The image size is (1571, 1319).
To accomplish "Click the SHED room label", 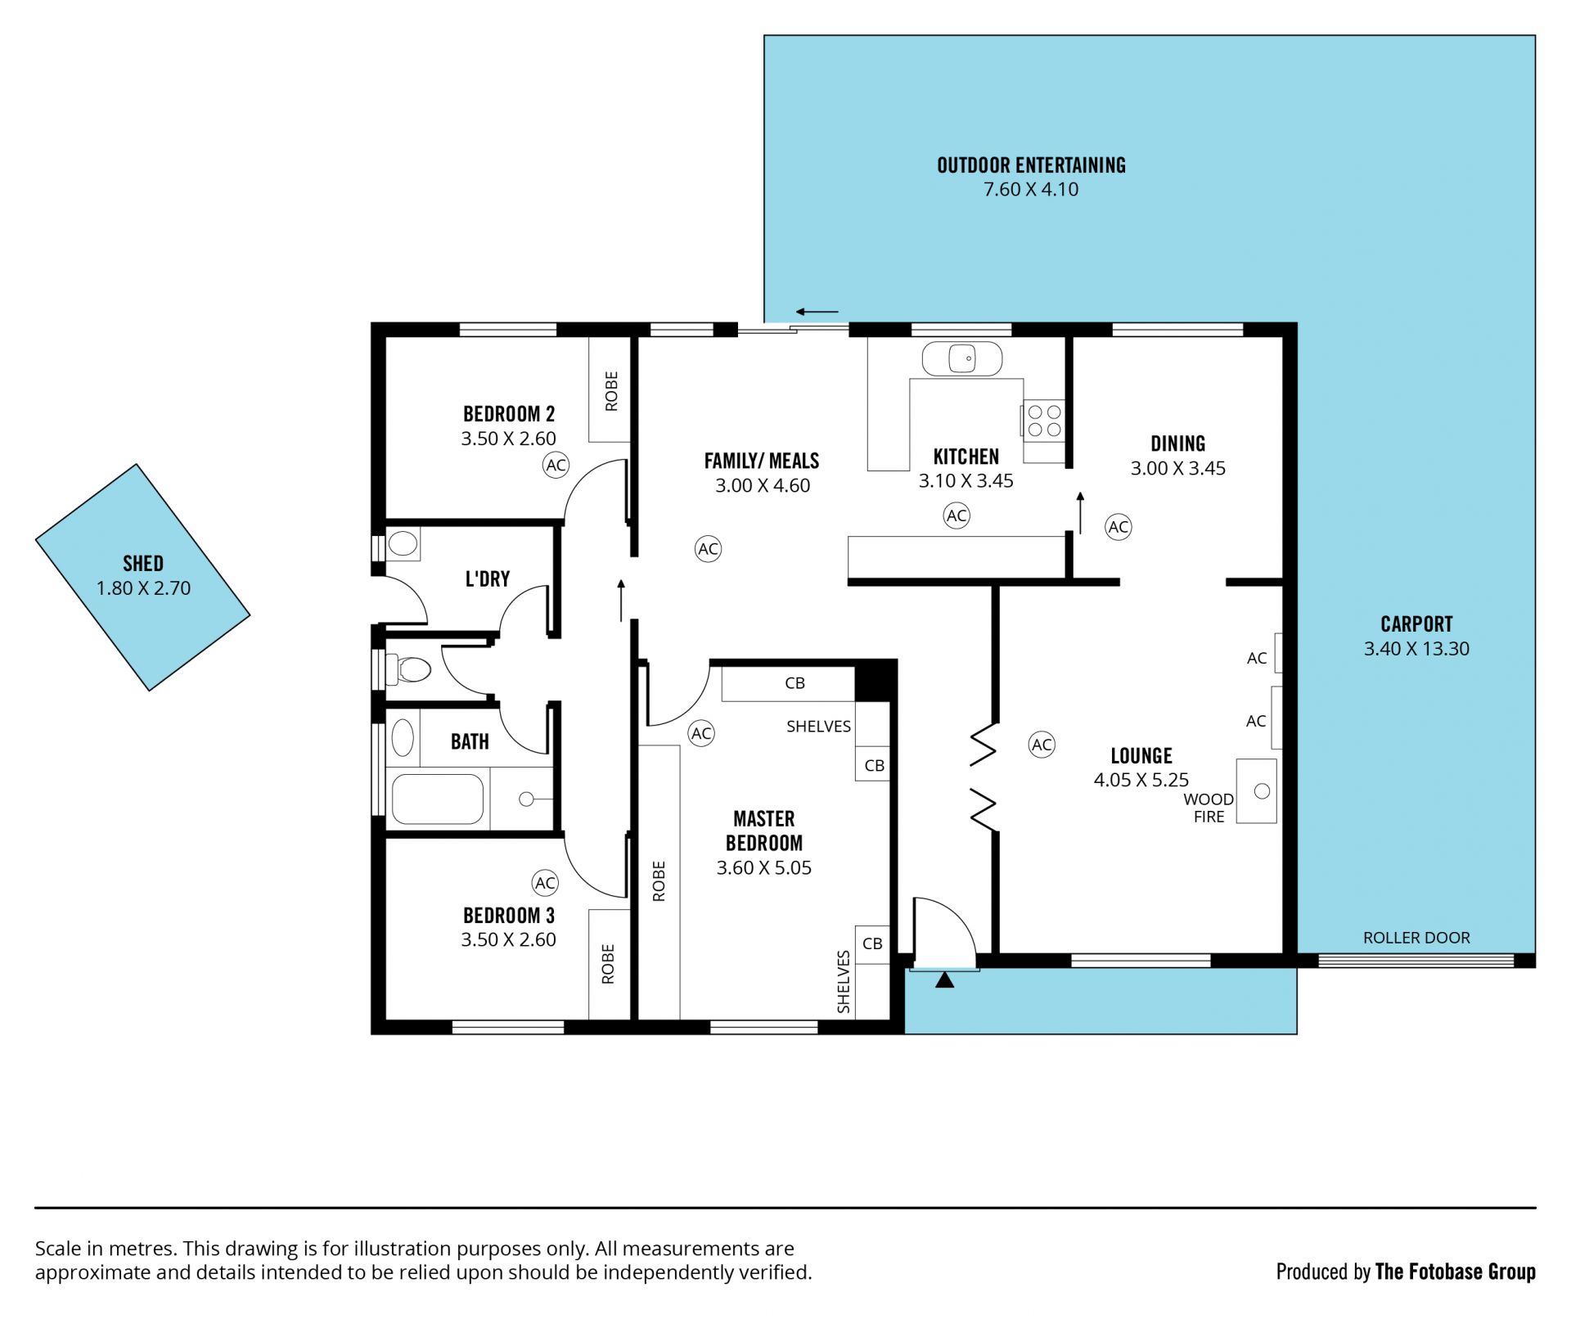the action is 143,564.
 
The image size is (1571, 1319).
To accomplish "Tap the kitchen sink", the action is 962,358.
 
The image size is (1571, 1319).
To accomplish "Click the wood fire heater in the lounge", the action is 1256,790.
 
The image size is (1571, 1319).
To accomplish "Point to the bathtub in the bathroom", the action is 438,799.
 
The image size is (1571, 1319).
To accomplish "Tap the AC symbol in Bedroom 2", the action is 556,466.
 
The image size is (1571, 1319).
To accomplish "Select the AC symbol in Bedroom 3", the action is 545,883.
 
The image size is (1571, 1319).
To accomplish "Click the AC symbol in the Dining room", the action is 1119,527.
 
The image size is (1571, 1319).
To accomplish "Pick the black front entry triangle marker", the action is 944,979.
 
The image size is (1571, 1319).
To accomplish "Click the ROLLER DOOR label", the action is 1416,938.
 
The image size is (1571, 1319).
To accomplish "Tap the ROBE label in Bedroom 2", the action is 611,391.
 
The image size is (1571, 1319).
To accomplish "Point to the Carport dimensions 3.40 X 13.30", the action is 1416,649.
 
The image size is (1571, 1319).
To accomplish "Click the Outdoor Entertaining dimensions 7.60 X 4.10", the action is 1031,190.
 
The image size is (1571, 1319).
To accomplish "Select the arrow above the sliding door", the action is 817,312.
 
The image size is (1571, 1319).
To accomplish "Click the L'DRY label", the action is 488,579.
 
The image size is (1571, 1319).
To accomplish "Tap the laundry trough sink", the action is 403,543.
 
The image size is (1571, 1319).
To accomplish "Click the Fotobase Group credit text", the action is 1406,1272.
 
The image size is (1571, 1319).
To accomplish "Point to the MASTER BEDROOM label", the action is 764,831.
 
